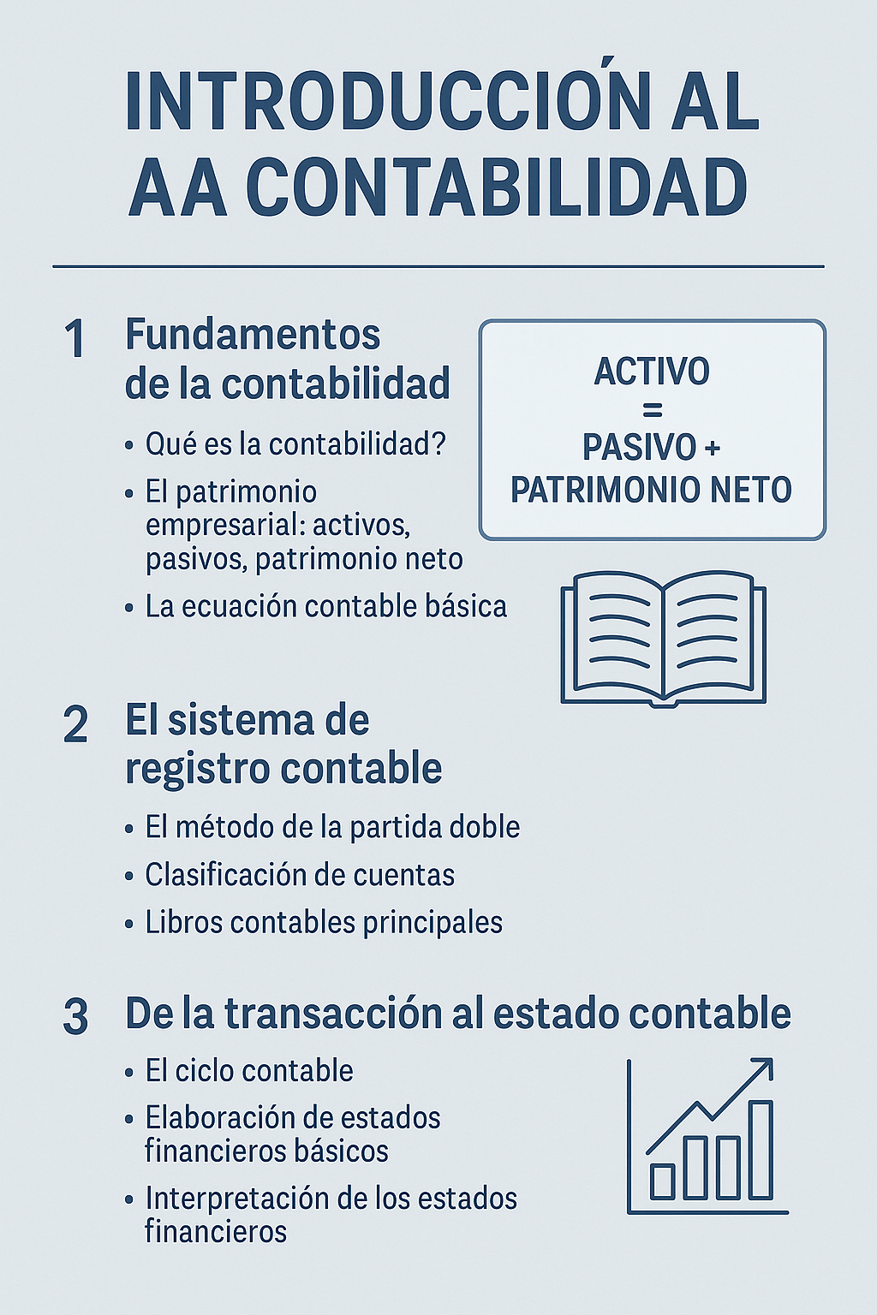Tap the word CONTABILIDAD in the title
coord(497,187)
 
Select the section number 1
coord(75,339)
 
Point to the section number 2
coord(75,725)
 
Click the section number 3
coord(75,1016)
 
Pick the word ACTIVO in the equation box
coord(652,372)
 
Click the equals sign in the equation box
coord(652,411)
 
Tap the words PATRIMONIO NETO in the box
coord(652,490)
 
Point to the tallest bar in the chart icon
coord(761,1150)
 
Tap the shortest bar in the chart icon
coord(662,1181)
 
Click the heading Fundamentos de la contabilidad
coord(287,359)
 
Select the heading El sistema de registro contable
coord(283,744)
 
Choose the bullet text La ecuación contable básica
coord(325,606)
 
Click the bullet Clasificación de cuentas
coord(300,875)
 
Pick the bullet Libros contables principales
coord(324,922)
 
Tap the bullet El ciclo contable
coord(249,1071)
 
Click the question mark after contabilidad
coord(438,444)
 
